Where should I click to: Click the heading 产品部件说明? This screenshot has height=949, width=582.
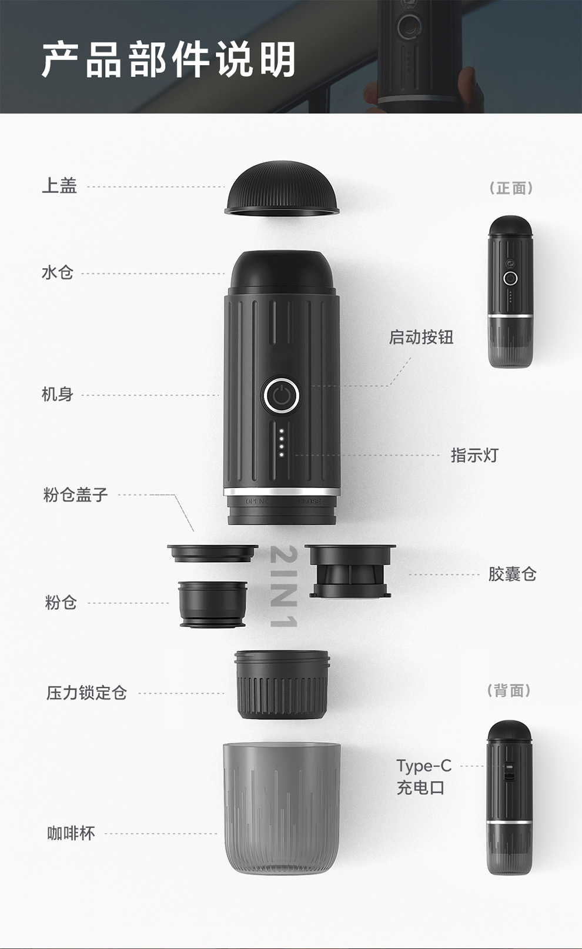169,59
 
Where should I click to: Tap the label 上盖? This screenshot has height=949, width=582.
59,186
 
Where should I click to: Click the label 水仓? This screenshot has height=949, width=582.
57,272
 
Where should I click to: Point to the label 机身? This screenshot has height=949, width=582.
57,395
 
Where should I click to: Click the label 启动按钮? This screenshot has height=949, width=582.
421,338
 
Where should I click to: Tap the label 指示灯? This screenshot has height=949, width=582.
474,456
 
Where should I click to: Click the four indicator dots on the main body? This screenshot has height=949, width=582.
281,443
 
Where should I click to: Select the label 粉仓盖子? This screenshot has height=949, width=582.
75,494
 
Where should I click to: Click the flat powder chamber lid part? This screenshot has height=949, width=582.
213,553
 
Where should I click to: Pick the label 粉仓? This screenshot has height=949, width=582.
61,603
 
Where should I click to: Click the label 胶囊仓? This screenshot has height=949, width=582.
513,574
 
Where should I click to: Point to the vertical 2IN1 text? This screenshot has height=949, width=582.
283,586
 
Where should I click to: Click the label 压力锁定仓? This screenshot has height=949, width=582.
86,693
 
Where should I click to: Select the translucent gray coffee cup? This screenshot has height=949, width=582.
282,807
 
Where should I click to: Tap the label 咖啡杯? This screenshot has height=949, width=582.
71,833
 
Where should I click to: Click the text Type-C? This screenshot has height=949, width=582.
424,766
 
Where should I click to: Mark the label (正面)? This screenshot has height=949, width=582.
511,188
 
